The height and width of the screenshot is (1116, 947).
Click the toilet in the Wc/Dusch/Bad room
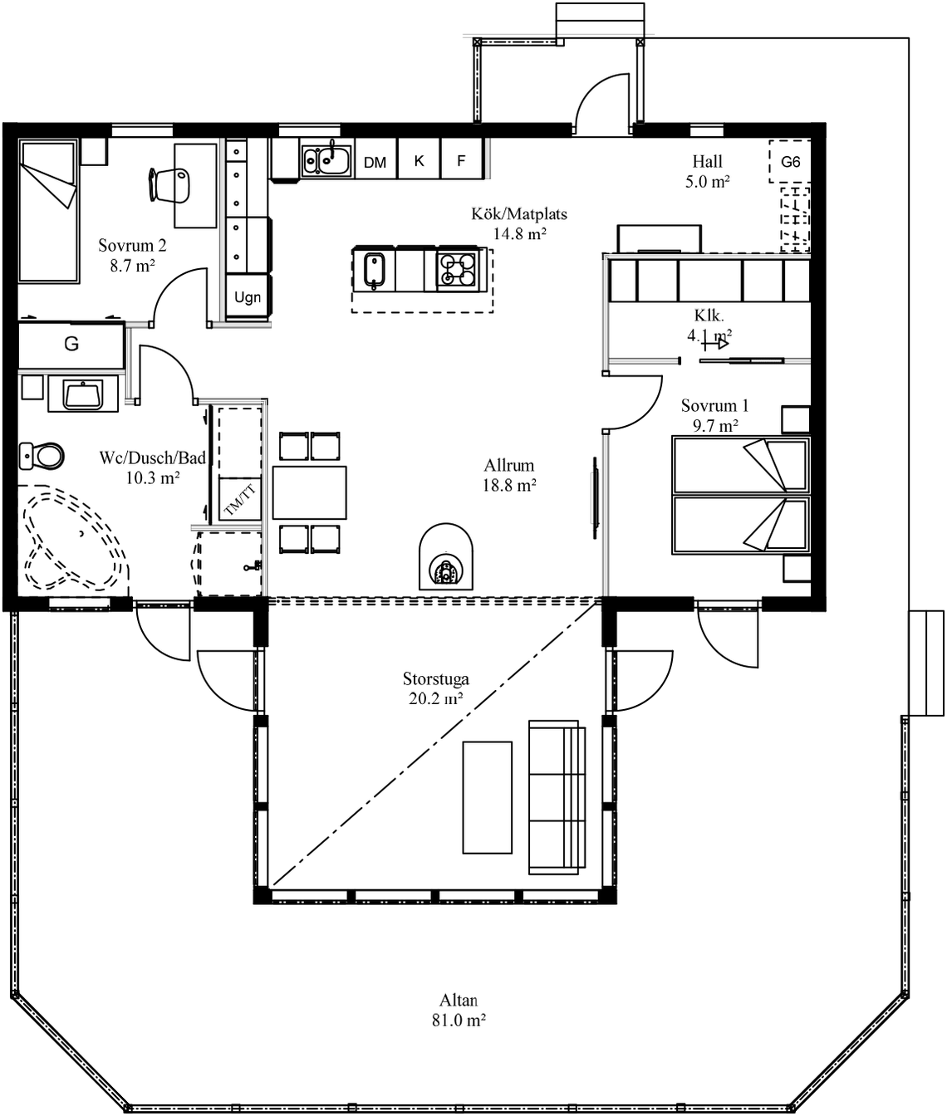41,456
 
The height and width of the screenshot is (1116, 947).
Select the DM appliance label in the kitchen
375,162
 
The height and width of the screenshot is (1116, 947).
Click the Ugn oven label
248,297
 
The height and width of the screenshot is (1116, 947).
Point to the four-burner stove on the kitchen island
458,269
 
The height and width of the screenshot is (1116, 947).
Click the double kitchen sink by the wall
326,159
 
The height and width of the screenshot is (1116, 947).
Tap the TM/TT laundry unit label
240,499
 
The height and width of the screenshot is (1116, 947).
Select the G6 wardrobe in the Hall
790,161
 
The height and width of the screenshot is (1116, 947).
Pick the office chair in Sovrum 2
169,185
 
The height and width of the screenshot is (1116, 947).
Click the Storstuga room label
436,678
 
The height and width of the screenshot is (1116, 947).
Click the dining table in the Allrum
310,493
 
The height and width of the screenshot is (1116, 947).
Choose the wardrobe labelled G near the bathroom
71,345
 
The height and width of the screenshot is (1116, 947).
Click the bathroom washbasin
83,394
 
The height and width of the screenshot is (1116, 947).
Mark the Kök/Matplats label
519,214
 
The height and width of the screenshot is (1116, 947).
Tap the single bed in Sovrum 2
48,211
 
